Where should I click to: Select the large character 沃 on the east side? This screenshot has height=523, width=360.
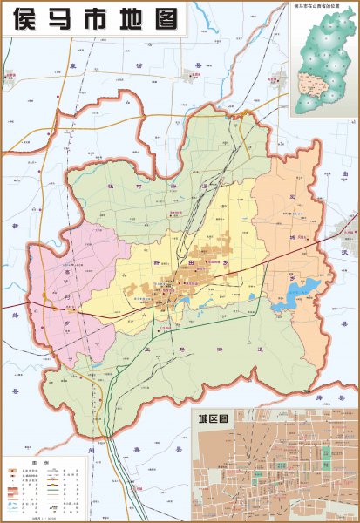coord(345,228)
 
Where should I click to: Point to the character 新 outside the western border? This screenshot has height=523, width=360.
coord(16,226)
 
